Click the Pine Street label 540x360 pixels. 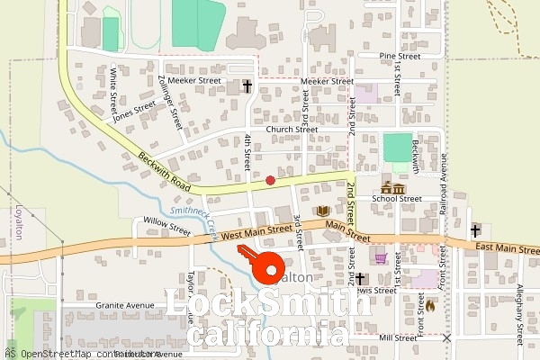point(400,56)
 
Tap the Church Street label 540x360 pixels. point(291,130)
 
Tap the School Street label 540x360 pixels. point(400,199)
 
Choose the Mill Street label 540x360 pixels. point(399,337)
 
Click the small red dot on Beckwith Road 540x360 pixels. point(270,180)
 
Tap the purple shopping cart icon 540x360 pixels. point(381,257)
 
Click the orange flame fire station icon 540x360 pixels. point(429,305)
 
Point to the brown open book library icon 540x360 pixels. point(322,211)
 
